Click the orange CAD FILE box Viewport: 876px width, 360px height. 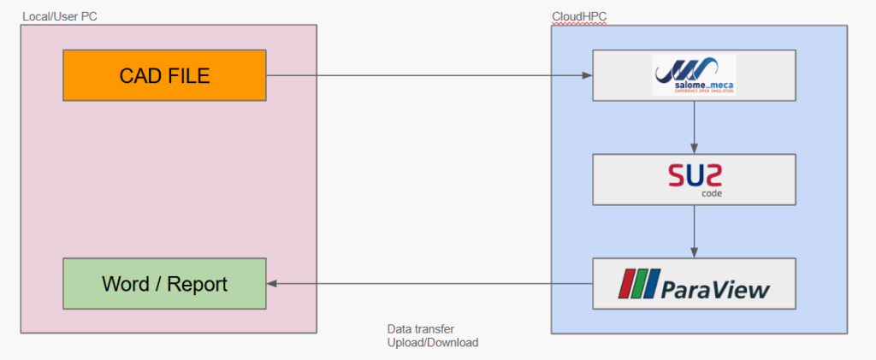[x=164, y=75]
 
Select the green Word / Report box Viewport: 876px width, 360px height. [x=164, y=283]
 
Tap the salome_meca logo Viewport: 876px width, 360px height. [x=694, y=75]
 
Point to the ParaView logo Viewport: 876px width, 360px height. [x=694, y=283]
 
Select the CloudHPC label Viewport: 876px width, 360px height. [x=579, y=16]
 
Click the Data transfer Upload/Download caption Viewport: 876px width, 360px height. [x=433, y=335]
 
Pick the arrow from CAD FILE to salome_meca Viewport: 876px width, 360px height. [x=428, y=75]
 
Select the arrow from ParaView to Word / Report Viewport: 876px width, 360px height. [x=428, y=283]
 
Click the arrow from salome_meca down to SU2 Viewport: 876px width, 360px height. [x=694, y=127]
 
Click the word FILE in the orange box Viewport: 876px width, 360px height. [x=188, y=75]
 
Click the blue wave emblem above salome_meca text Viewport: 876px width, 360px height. [x=689, y=67]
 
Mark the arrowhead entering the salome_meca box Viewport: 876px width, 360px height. [x=588, y=75]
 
